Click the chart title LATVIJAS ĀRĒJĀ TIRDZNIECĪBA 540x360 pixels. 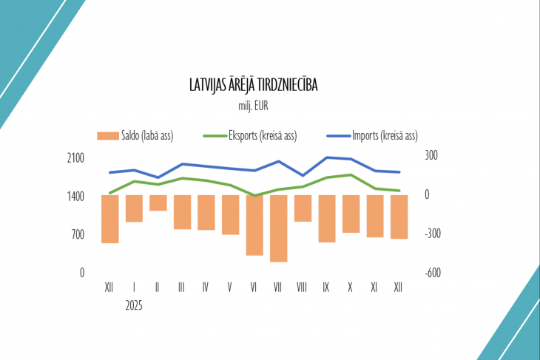pyautogui.click(x=254, y=85)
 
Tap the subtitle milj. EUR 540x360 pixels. pyautogui.click(x=254, y=106)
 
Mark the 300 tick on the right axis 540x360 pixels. pyautogui.click(x=431, y=156)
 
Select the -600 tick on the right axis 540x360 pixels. pyautogui.click(x=433, y=272)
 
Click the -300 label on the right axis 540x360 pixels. pyautogui.click(x=433, y=234)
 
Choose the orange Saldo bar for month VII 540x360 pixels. pyautogui.click(x=278, y=228)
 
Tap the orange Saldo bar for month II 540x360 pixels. pyautogui.click(x=158, y=203)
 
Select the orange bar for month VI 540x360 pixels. pyautogui.click(x=254, y=225)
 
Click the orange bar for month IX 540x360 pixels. pyautogui.click(x=326, y=218)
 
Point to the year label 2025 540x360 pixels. pyautogui.click(x=134, y=304)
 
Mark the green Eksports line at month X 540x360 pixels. pyautogui.click(x=351, y=175)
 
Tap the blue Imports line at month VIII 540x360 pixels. pyautogui.click(x=303, y=176)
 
